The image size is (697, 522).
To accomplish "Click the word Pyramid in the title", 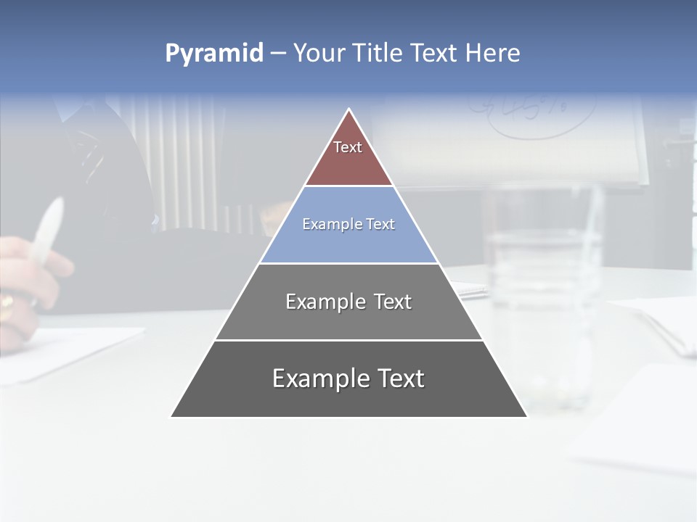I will click(214, 54).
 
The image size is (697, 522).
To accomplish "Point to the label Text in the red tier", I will click(348, 147).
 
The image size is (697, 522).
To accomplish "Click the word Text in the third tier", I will click(393, 302).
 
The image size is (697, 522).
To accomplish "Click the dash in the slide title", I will click(278, 54).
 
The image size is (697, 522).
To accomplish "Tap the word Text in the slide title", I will click(434, 54).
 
